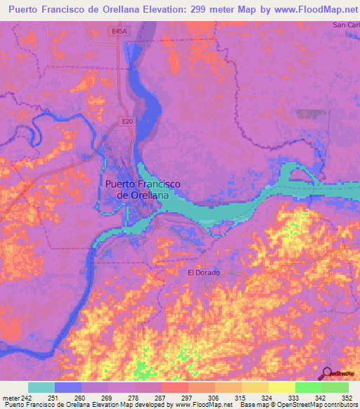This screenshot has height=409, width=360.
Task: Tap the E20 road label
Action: point(127,122)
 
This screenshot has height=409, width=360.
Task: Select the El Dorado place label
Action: point(203,272)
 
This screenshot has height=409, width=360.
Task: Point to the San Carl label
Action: point(345,25)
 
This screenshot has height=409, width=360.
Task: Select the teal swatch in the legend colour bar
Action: point(41,387)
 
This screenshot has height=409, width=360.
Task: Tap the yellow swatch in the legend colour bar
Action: point(281,387)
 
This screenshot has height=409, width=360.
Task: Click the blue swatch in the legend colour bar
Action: point(68,387)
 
